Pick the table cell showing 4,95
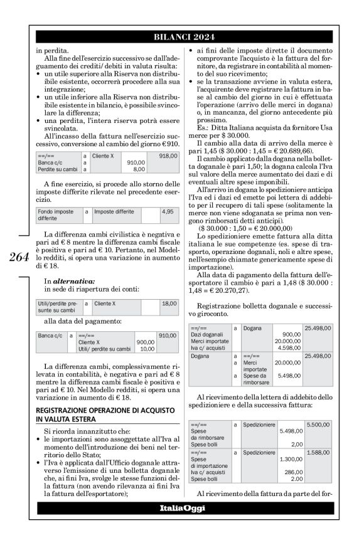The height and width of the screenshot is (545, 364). [167, 212]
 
